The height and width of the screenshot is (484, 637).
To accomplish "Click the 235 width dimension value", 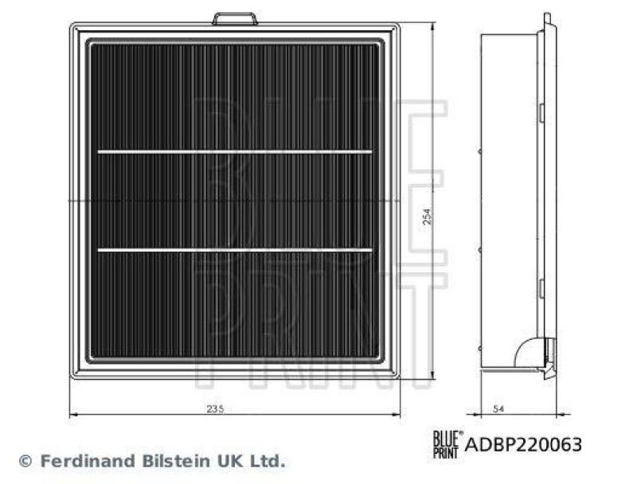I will tap(216, 408).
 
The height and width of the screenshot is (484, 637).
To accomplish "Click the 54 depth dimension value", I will tap(498, 408).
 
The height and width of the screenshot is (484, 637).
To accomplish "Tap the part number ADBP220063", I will tap(523, 444).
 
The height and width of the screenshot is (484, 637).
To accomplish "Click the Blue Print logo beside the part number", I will tap(446, 443).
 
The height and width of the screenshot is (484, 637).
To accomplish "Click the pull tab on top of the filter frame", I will tap(234, 18).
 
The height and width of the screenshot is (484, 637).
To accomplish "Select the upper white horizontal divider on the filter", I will tap(235, 151).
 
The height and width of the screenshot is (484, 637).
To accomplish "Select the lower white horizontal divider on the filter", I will tap(235, 250).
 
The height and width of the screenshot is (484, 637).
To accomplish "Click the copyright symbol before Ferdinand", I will tap(24, 461).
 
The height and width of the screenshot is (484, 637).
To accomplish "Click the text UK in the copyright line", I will tap(223, 461).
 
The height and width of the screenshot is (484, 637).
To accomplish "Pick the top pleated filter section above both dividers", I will tap(235, 96).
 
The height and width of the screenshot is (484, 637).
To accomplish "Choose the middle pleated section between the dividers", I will tap(235, 201).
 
